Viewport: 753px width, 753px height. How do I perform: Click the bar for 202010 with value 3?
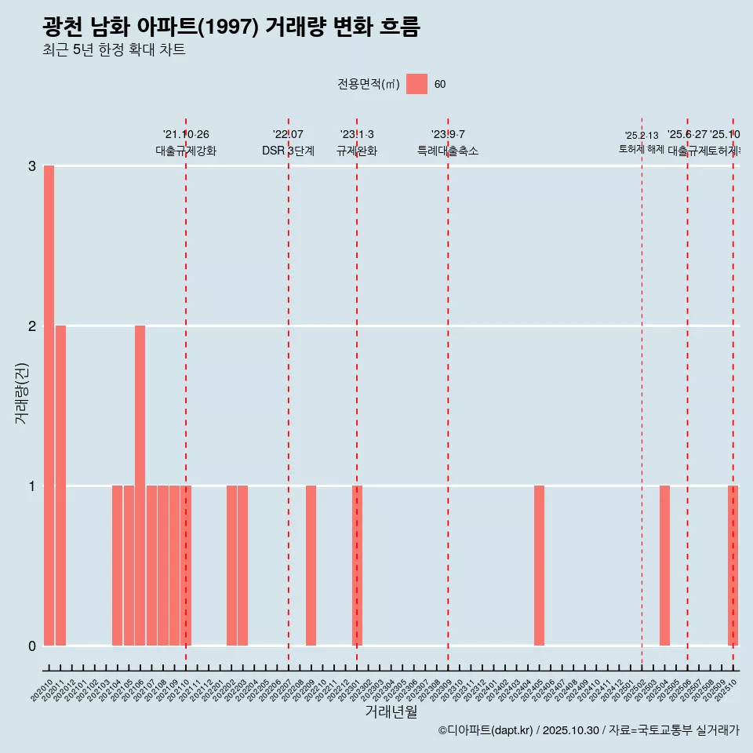[49, 406]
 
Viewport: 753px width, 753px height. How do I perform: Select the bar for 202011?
[60, 486]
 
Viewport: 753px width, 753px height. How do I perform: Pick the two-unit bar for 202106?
[140, 486]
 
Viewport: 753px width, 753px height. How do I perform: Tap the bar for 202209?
[311, 566]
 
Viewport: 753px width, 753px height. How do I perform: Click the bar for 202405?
[539, 566]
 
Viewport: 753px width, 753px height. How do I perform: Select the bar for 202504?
[664, 566]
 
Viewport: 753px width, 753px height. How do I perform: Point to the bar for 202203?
[242, 566]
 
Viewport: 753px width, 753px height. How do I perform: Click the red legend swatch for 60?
[417, 85]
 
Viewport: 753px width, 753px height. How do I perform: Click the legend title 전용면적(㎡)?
[368, 85]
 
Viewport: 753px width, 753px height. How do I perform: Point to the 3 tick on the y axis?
[31, 166]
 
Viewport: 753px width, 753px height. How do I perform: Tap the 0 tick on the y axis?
[31, 646]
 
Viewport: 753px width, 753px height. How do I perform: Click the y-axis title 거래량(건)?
[22, 393]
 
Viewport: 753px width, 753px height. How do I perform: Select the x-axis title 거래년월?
[391, 711]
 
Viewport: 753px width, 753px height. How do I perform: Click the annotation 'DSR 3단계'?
[288, 151]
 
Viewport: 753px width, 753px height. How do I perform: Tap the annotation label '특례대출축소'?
[447, 151]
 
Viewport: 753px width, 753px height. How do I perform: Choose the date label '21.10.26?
[186, 135]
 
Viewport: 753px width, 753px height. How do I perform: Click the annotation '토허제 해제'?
[641, 149]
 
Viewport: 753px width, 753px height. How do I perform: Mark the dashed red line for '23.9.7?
[448, 392]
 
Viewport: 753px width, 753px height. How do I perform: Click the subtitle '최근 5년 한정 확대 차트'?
[114, 50]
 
